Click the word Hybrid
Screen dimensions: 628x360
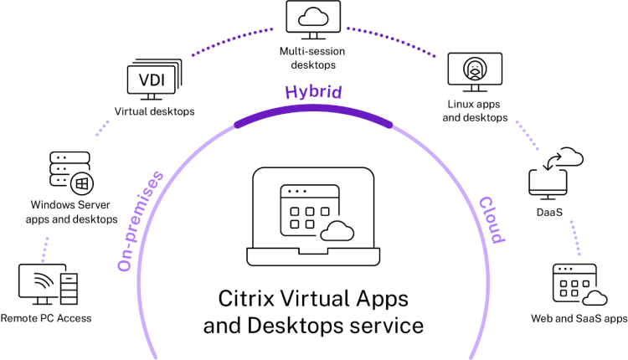point(313,91)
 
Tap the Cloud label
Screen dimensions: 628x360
point(492,219)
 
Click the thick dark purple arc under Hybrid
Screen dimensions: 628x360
point(313,109)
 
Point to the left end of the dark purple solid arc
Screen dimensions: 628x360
point(238,126)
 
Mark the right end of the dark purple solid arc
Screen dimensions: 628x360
point(389,125)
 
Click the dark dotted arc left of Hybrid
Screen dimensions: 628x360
point(232,40)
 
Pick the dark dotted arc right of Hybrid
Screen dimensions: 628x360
point(391,39)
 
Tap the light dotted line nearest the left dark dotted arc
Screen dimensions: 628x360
point(102,128)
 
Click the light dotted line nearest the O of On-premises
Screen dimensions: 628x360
point(44,249)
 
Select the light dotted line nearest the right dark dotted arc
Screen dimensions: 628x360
point(527,135)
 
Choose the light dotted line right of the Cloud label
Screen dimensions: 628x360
point(575,238)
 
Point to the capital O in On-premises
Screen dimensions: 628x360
point(125,264)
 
